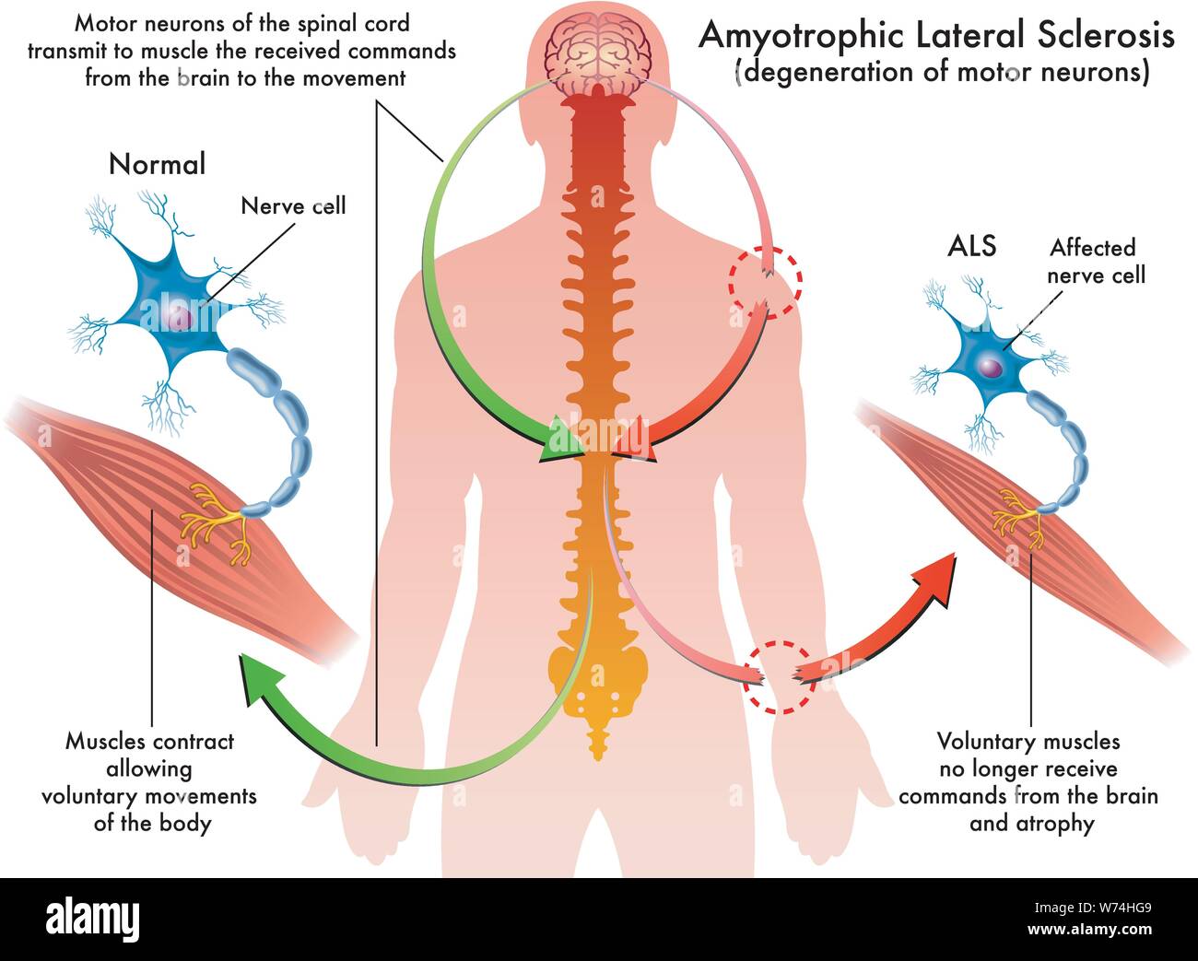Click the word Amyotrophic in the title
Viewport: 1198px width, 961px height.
tap(802, 36)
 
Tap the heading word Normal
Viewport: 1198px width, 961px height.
tap(157, 164)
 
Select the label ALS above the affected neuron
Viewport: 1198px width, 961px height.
tap(971, 245)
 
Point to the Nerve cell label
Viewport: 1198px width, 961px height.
tap(293, 206)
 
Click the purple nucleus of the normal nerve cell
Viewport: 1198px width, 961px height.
tap(179, 318)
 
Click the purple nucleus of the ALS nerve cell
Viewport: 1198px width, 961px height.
tap(989, 368)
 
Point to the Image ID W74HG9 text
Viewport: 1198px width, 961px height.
tap(1093, 908)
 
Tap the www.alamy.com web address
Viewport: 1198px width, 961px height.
tap(1089, 930)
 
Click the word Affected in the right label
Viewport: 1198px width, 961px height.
tap(1092, 248)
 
